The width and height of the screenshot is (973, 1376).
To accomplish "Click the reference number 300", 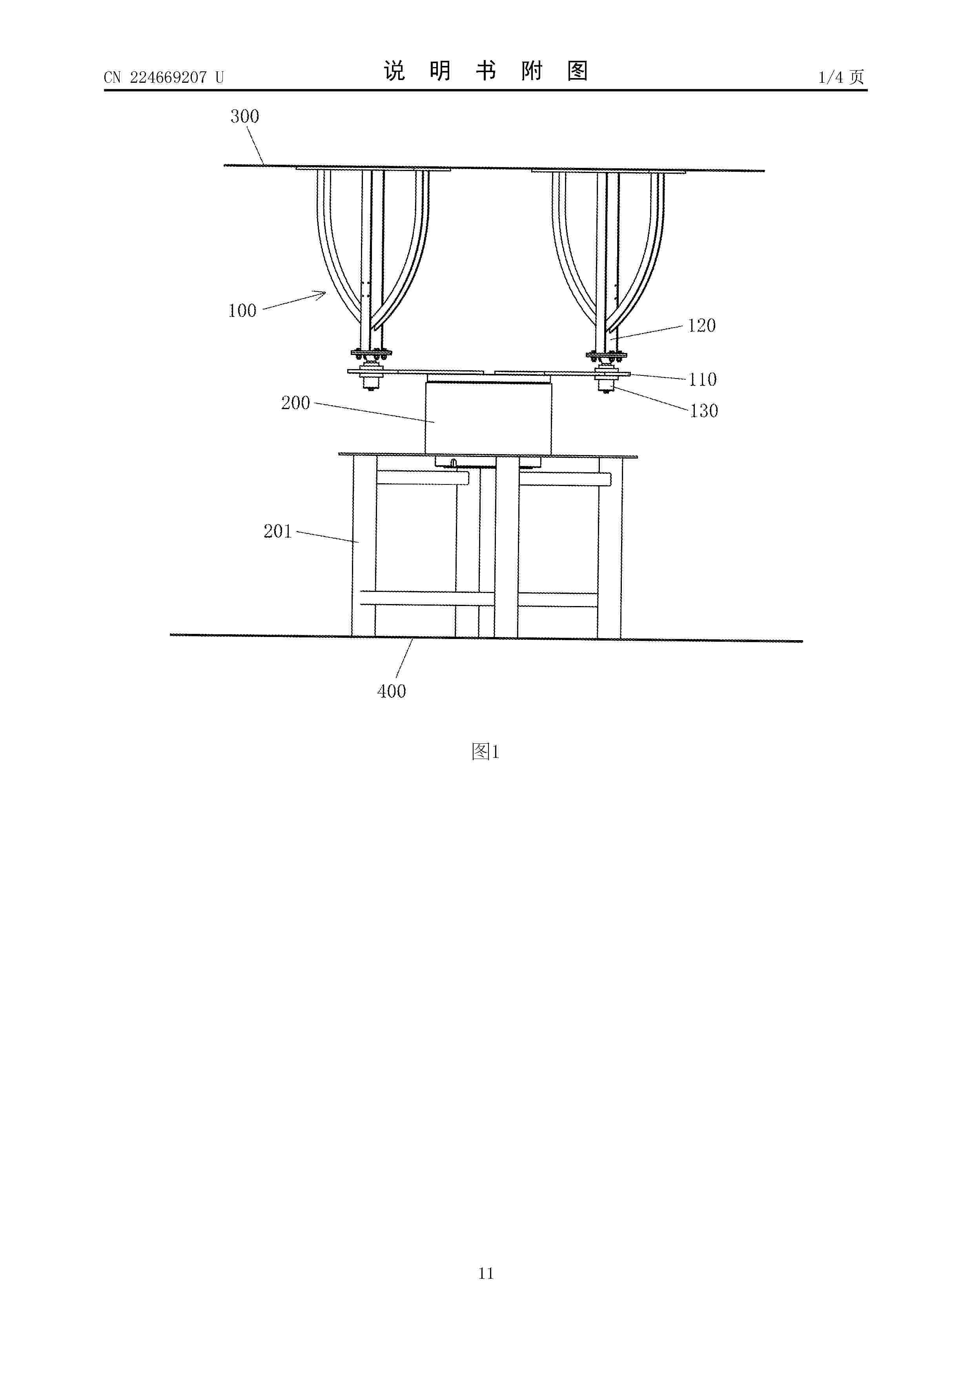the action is [244, 116].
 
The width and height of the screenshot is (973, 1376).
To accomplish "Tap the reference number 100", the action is [242, 310].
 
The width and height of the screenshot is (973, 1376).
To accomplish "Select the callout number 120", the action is [702, 326].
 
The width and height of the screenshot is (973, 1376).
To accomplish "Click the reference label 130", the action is [704, 411].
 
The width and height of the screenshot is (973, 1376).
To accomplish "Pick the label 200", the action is [295, 403].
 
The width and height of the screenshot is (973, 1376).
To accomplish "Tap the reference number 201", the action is [277, 531].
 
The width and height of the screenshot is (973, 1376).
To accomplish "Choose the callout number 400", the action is [392, 691].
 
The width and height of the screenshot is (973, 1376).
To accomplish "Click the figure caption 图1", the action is [486, 752].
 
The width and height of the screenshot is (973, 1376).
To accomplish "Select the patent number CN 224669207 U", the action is [164, 77].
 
